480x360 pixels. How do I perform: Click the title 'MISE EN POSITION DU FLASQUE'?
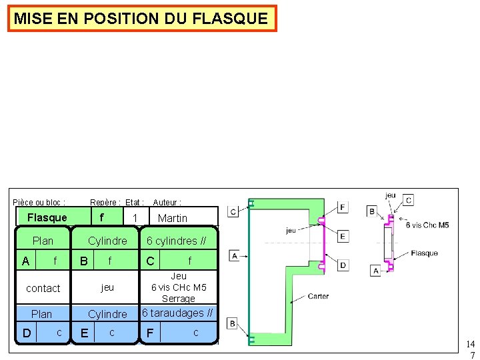[x=141, y=19]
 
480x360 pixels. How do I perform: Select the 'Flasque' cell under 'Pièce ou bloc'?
[x=47, y=217]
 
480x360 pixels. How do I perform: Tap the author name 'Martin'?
[x=172, y=218]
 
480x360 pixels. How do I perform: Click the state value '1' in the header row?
[x=135, y=218]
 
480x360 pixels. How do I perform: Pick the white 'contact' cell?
[x=43, y=288]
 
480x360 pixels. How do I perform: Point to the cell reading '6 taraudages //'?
[x=177, y=313]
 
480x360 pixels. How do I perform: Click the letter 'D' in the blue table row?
[x=25, y=333]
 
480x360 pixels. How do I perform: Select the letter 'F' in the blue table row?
[x=150, y=333]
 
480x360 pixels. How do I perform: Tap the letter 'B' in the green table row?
[x=84, y=261]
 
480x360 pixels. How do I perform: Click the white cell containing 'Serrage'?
[x=178, y=287]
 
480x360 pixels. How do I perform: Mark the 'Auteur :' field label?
[x=167, y=202]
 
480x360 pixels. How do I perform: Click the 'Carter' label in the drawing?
[x=318, y=296]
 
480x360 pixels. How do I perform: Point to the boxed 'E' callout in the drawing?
[x=342, y=236]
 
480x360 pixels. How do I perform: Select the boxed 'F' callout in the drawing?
[x=342, y=207]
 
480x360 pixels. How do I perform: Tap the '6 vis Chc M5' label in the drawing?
[x=427, y=225]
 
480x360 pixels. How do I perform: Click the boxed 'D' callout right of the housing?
[x=342, y=265]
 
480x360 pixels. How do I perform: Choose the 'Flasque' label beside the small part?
[x=424, y=253]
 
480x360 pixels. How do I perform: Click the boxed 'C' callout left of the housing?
[x=233, y=211]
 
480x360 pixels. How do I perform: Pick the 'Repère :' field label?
[x=105, y=202]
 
